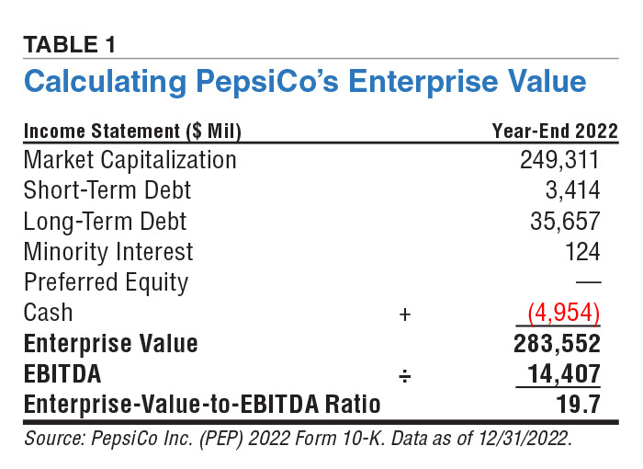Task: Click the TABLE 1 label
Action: click(x=70, y=43)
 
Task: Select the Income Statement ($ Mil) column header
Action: click(x=131, y=131)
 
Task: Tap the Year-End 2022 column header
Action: click(x=555, y=131)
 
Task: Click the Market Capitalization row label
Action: click(x=130, y=160)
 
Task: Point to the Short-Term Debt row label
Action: click(x=107, y=190)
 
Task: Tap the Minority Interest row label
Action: click(x=108, y=252)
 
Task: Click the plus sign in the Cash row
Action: click(x=404, y=314)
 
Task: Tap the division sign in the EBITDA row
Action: click(x=404, y=375)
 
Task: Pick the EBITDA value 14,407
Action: click(x=563, y=374)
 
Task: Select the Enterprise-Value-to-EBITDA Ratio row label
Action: click(x=202, y=405)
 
